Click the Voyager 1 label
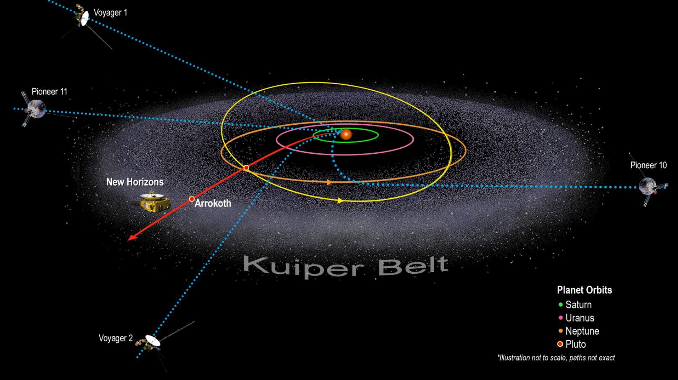pyautogui.click(x=111, y=13)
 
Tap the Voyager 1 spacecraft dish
pyautogui.click(x=85, y=18)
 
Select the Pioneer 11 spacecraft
pyautogui.click(x=36, y=109)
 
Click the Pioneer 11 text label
pyautogui.click(x=49, y=92)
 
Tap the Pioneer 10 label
pyautogui.click(x=648, y=165)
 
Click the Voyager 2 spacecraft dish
pyautogui.click(x=153, y=340)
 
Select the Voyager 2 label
pyautogui.click(x=116, y=338)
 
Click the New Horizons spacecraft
pyautogui.click(x=152, y=202)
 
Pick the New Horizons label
pyautogui.click(x=135, y=182)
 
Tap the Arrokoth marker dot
pyautogui.click(x=192, y=199)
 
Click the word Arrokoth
pyautogui.click(x=213, y=203)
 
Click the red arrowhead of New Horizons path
pyautogui.click(x=132, y=237)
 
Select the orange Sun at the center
pyautogui.click(x=346, y=134)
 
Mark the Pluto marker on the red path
pyautogui.click(x=246, y=168)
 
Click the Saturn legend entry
pyautogui.click(x=575, y=305)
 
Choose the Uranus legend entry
pyautogui.click(x=576, y=318)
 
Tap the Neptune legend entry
pyautogui.click(x=578, y=331)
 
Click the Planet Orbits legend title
pyautogui.click(x=584, y=290)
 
